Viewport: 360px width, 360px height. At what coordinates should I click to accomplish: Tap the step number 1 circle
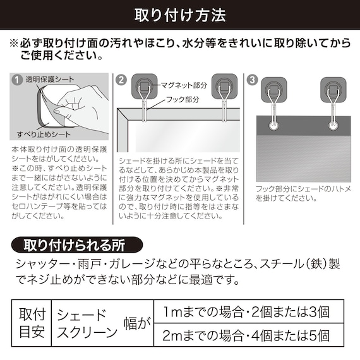[x=16, y=80]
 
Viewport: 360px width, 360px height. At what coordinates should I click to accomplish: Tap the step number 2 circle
[x=122, y=80]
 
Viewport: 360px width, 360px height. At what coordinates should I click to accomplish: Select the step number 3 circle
[x=253, y=80]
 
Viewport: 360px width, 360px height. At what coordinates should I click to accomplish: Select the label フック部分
[x=182, y=99]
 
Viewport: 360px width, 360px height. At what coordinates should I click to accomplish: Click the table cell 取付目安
[x=30, y=321]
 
